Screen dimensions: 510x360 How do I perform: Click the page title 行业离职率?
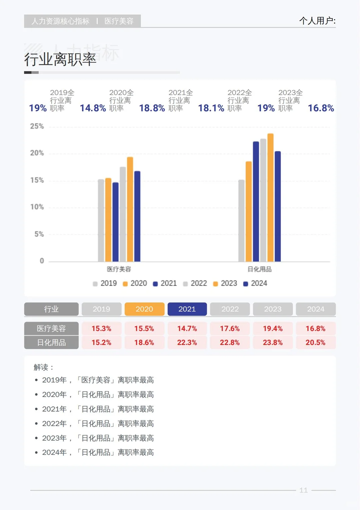(x=60, y=60)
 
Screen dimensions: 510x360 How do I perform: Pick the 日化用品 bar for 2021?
(x=256, y=202)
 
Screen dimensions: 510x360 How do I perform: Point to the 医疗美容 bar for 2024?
(x=137, y=216)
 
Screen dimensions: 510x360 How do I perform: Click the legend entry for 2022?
(x=195, y=283)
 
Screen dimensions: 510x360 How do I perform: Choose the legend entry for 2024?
(x=255, y=283)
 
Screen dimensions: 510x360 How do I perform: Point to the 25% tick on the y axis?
(x=37, y=126)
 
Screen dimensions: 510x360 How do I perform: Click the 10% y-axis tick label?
(x=37, y=207)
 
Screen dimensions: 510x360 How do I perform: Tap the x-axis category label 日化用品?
(x=259, y=269)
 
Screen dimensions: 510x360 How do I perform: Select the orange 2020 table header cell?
(x=144, y=309)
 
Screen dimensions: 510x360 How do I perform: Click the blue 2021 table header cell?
(x=187, y=309)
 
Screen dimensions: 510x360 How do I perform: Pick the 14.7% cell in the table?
(x=187, y=329)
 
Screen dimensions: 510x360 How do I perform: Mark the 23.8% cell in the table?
(x=273, y=343)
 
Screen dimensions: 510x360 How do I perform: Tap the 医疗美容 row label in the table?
(x=51, y=329)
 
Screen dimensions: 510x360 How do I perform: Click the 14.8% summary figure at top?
(x=93, y=108)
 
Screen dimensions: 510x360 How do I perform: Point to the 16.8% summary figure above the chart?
(x=321, y=108)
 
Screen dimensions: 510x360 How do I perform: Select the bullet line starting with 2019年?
(x=98, y=380)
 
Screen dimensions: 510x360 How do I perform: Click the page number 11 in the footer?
(x=303, y=490)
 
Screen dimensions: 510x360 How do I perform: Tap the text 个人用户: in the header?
(x=317, y=21)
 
